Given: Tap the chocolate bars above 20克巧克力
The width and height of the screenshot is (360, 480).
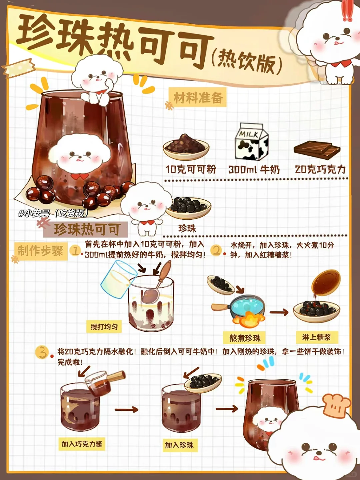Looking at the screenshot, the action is coord(317,151).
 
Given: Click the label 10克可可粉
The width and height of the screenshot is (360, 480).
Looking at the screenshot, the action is coord(191,169).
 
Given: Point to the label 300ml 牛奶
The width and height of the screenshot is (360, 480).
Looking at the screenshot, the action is coord(254,169).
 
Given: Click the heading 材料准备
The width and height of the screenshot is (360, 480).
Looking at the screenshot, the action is coord(198,98).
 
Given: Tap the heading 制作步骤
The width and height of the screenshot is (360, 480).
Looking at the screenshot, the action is coord(41,251).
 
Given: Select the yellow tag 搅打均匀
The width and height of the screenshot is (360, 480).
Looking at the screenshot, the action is coord(104,327).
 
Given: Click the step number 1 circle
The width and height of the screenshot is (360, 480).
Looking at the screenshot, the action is coord(75,250).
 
